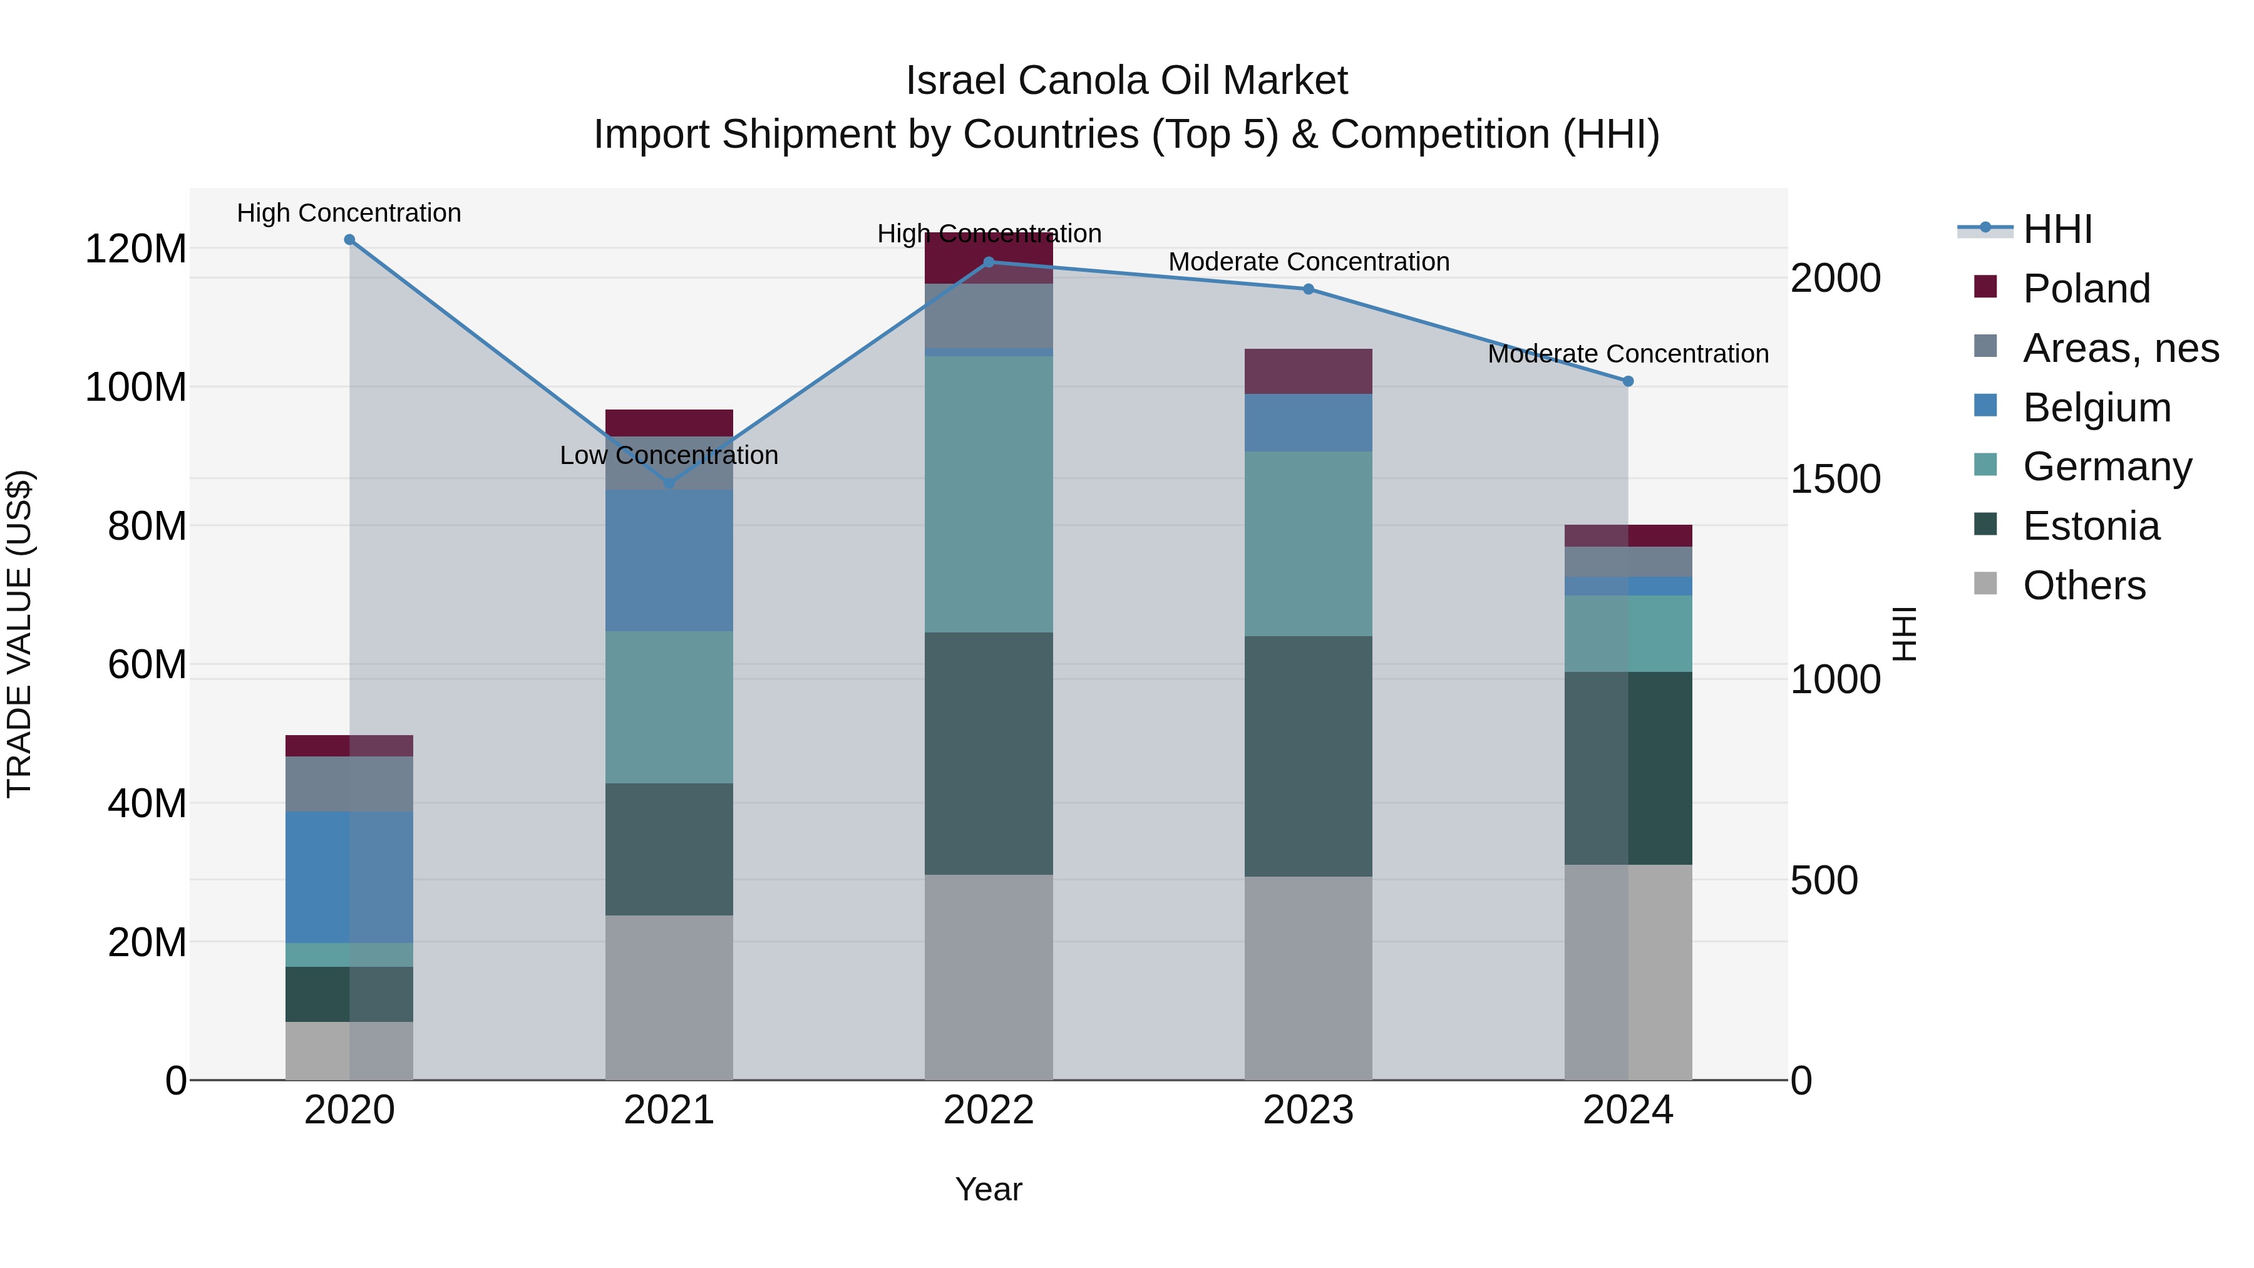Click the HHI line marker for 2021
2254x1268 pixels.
click(669, 483)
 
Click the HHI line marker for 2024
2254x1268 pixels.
click(1627, 381)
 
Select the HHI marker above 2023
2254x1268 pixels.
click(1308, 289)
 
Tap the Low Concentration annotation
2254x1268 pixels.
click(669, 455)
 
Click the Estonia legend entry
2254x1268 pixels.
click(2091, 526)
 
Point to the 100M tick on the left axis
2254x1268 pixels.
click(136, 387)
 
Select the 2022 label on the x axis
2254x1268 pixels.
click(989, 1110)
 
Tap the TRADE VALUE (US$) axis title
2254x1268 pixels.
click(19, 634)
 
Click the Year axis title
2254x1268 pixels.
click(989, 1189)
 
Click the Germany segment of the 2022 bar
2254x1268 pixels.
click(989, 495)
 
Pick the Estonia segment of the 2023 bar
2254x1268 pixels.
click(1308, 756)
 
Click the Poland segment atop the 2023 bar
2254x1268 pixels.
click(1308, 371)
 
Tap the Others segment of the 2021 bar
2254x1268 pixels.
click(669, 997)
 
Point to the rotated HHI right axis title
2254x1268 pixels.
click(1904, 634)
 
